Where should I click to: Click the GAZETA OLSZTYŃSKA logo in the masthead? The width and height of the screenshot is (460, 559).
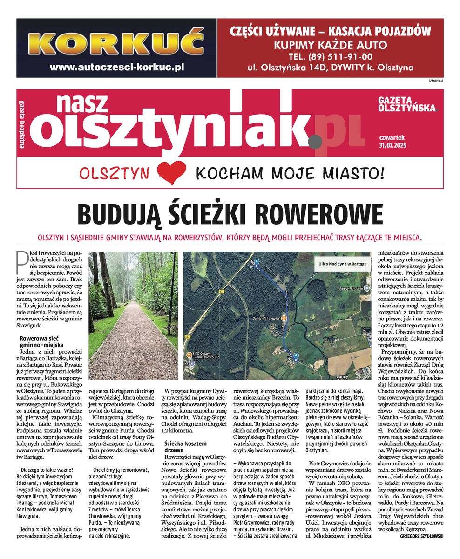pos(406,104)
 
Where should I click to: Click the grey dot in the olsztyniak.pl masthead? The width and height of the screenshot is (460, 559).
pos(317,138)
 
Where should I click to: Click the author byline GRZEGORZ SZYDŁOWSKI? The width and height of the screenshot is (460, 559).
pos(421,536)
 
